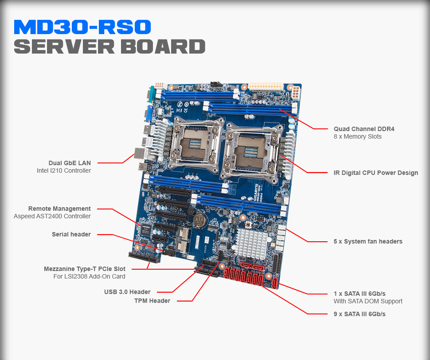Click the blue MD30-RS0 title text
pyautogui.click(x=82, y=27)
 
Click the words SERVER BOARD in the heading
pyautogui.click(x=109, y=47)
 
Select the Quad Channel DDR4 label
pyautogui.click(x=364, y=129)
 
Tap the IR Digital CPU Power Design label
pyautogui.click(x=375, y=173)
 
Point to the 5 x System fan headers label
pyautogui.click(x=368, y=241)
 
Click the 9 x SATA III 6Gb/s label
pyautogui.click(x=360, y=314)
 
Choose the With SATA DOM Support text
pyautogui.click(x=368, y=301)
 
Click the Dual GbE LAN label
pyautogui.click(x=70, y=163)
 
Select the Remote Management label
pyautogui.click(x=59, y=209)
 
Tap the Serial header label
pyautogui.click(x=71, y=234)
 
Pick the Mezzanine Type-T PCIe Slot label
pyautogui.click(x=84, y=269)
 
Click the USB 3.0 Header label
pyautogui.click(x=127, y=292)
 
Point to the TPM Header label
pyautogui.click(x=152, y=301)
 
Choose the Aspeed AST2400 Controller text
pyautogui.click(x=52, y=216)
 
